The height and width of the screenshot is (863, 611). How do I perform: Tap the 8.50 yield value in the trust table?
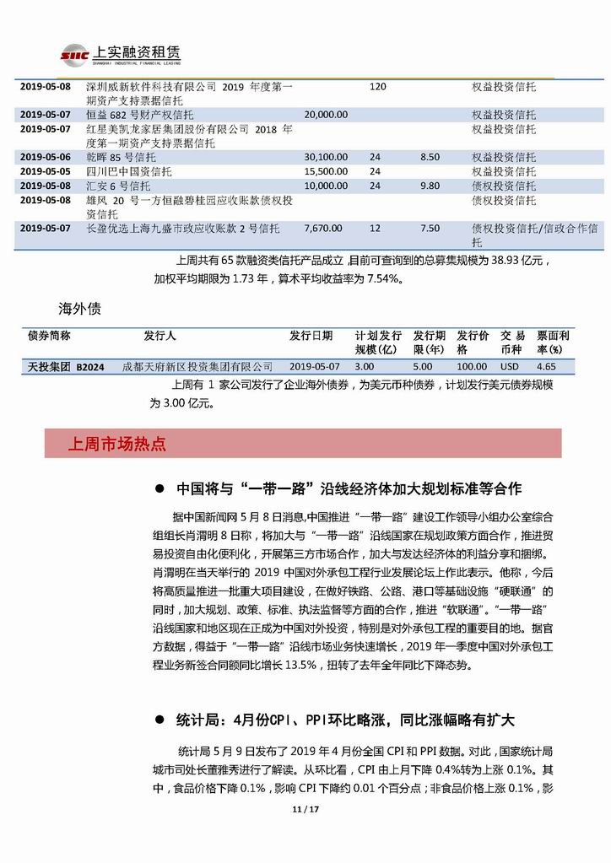coord(430,157)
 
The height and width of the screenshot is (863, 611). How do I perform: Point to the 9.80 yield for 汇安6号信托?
coord(430,186)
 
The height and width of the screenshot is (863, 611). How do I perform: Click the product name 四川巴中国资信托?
coord(129,171)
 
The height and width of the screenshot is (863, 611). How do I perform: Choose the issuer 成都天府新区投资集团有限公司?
coord(198,367)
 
